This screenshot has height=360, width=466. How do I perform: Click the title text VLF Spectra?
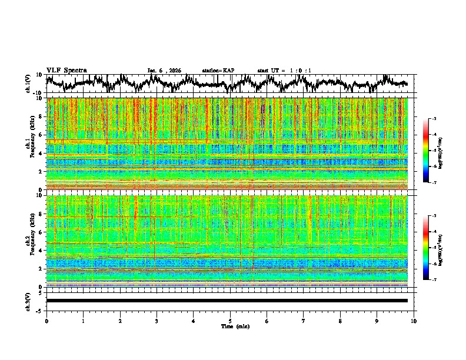click(66, 70)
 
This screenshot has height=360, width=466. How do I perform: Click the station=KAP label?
click(218, 71)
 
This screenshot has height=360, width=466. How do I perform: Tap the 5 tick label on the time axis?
click(230, 321)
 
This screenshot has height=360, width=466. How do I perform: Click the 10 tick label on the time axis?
click(414, 321)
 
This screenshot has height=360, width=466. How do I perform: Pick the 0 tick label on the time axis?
click(46, 321)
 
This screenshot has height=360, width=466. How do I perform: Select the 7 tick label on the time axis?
click(304, 321)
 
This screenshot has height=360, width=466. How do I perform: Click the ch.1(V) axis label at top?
click(28, 84)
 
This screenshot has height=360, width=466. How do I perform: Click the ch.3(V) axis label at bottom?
click(28, 301)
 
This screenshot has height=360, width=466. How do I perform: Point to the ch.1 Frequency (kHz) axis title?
click(29, 144)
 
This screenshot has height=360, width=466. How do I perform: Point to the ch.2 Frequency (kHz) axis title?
click(29, 241)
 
